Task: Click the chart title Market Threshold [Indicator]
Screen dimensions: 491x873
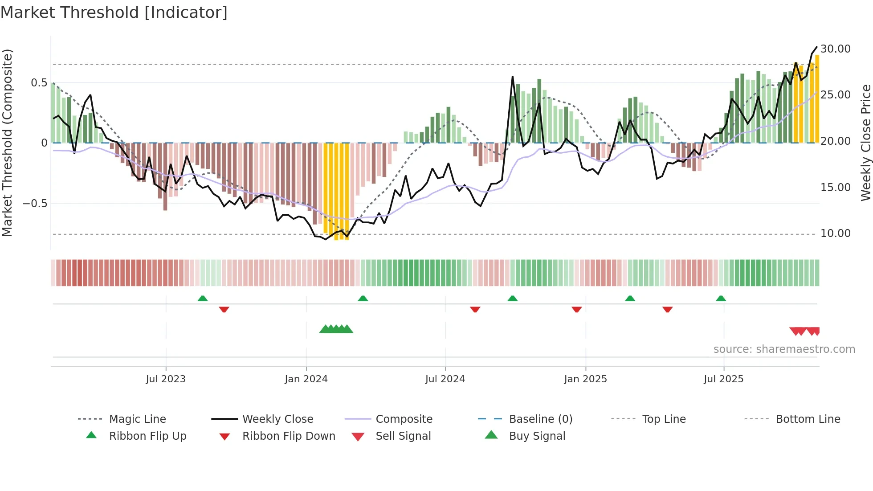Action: pyautogui.click(x=114, y=12)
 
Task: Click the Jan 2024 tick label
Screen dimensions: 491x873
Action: pyautogui.click(x=306, y=379)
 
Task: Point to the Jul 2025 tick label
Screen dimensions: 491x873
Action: pyautogui.click(x=723, y=379)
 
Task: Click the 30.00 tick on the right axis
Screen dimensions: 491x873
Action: pyautogui.click(x=835, y=49)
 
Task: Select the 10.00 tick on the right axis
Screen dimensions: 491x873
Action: pyautogui.click(x=835, y=233)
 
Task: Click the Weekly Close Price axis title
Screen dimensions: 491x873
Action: pyautogui.click(x=865, y=143)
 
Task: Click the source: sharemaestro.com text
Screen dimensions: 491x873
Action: pyautogui.click(x=784, y=349)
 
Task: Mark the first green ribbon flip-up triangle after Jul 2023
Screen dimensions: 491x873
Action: pyautogui.click(x=203, y=299)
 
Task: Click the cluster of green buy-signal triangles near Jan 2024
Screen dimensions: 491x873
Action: pyautogui.click(x=336, y=329)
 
